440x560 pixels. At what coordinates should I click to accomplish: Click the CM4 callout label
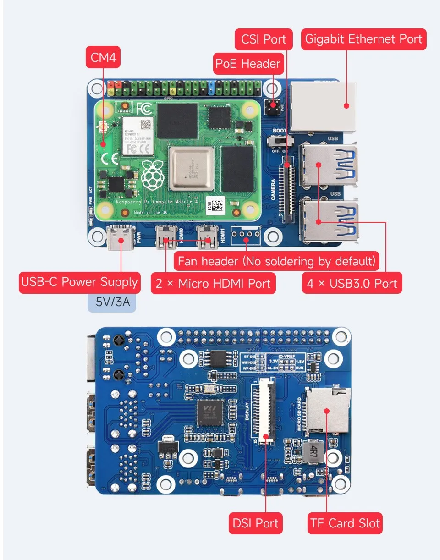tap(103, 58)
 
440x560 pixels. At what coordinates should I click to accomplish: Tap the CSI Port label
tap(264, 39)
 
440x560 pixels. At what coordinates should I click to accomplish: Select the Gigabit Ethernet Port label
tap(363, 39)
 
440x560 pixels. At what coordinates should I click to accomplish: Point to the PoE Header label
tap(248, 63)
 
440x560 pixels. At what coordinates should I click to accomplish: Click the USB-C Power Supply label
tap(79, 282)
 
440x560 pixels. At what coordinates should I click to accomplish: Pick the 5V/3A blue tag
tap(112, 302)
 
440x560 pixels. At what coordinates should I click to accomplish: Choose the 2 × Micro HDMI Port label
tap(213, 283)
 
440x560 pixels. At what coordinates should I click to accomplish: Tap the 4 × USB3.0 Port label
tap(352, 283)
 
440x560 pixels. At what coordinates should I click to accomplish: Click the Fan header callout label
tap(276, 262)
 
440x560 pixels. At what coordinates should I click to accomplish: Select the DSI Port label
tap(255, 523)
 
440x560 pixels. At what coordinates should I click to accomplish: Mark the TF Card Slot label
tap(345, 523)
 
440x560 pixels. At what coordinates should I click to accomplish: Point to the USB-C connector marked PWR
tap(120, 238)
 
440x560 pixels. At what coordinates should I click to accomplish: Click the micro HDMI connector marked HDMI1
tap(207, 237)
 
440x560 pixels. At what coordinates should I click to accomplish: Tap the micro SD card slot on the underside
tap(327, 411)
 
